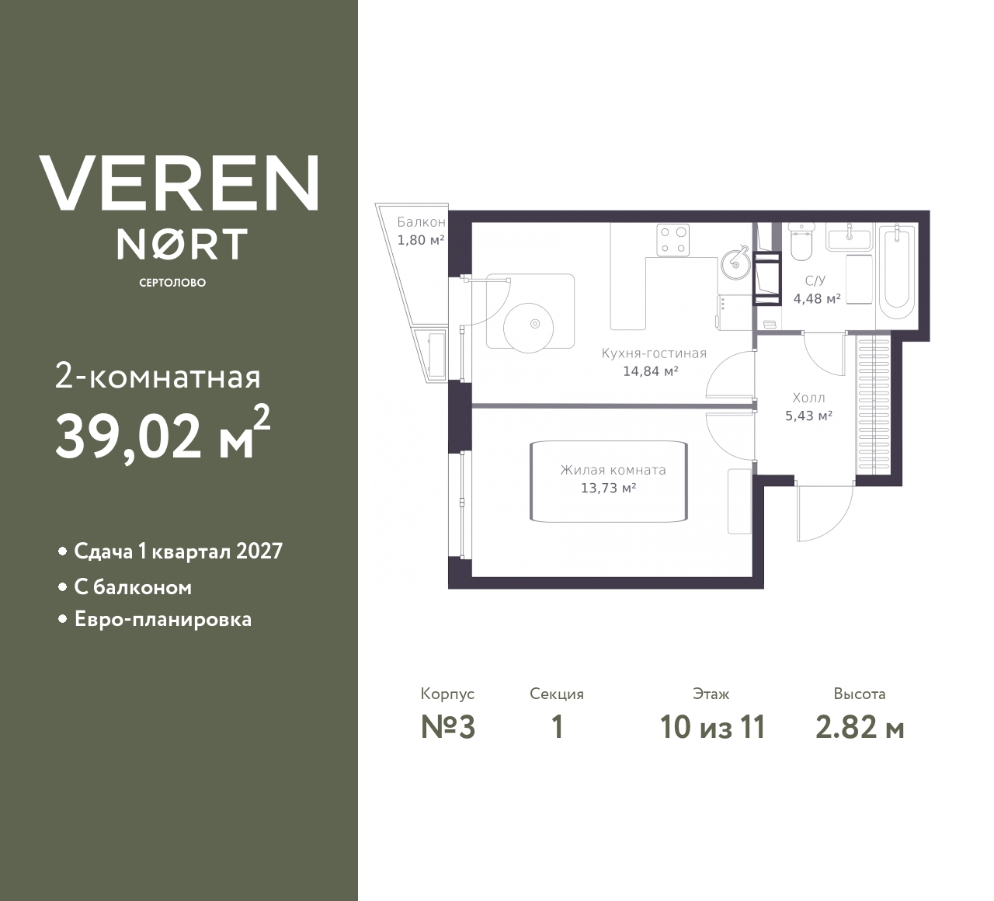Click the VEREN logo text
pos(179,183)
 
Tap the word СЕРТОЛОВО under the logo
pos(172,283)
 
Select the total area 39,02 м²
pos(162,436)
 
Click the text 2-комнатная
pos(158,377)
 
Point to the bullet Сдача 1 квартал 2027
pos(178,551)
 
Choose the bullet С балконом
pos(132,587)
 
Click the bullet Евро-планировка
pos(162,620)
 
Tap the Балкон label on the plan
pos(421,222)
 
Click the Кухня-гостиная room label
pos(654,353)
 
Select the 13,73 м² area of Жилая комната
pos(608,488)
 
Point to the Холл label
pos(808,398)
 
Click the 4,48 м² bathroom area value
pos(816,297)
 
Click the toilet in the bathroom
pos(801,244)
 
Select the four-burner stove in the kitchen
pos(673,240)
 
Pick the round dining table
pos(530,324)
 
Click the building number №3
pos(447,727)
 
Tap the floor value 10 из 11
pos(712,727)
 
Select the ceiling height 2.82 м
pos(859,727)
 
